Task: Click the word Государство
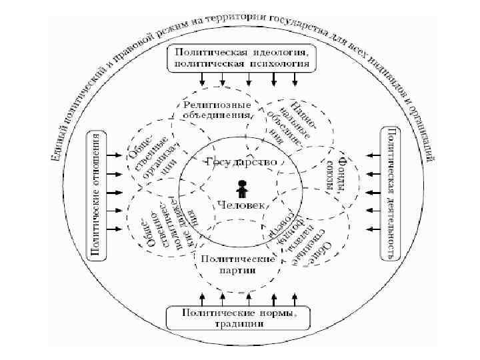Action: (x=241, y=161)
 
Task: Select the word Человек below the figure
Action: (x=241, y=207)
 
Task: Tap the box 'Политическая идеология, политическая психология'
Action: (x=241, y=58)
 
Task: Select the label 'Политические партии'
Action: (x=238, y=263)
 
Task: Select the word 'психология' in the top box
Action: (x=275, y=64)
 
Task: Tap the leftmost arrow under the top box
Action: (x=202, y=80)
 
